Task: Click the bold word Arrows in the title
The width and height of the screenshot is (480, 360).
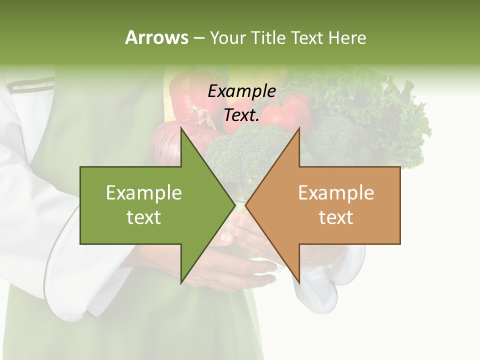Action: click(x=156, y=37)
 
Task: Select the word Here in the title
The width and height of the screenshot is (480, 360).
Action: click(x=347, y=37)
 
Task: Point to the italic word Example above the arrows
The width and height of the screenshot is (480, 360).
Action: click(x=242, y=91)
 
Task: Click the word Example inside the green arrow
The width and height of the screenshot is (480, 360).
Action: click(x=144, y=193)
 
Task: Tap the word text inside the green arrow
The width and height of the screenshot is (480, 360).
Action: click(x=144, y=217)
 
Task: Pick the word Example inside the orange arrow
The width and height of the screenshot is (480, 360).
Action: click(x=336, y=193)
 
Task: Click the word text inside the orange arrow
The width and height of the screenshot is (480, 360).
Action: click(x=336, y=217)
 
